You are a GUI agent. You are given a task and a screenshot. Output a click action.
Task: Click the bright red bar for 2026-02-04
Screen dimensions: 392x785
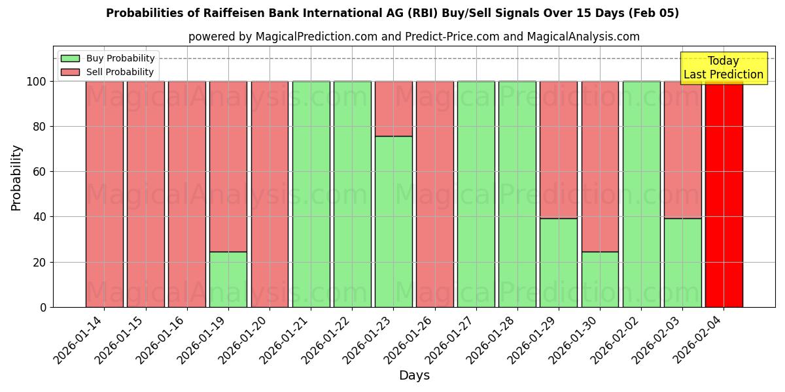(x=724, y=196)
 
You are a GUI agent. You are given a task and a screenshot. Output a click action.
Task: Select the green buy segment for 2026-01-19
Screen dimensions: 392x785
(x=228, y=279)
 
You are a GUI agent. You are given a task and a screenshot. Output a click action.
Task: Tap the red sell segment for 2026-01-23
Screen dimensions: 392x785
(x=393, y=108)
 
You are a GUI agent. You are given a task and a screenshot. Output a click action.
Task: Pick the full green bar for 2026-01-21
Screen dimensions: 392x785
(x=311, y=194)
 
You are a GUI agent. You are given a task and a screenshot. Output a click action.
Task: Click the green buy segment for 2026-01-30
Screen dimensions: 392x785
(x=600, y=279)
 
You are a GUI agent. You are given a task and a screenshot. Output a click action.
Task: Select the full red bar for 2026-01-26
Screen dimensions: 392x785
(x=435, y=194)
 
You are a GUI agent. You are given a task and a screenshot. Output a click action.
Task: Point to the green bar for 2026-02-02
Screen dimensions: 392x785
(x=641, y=194)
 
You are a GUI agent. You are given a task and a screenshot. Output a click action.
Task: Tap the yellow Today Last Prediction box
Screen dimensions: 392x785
(x=724, y=68)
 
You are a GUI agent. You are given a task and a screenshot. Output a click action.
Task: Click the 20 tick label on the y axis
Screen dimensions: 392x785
(x=41, y=262)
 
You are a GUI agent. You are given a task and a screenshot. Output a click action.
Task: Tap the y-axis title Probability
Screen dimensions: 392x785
(x=16, y=178)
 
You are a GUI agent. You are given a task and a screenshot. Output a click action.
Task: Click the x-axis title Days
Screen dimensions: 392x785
(x=414, y=376)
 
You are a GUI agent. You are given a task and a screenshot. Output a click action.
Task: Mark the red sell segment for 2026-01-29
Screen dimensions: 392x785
(x=559, y=150)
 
